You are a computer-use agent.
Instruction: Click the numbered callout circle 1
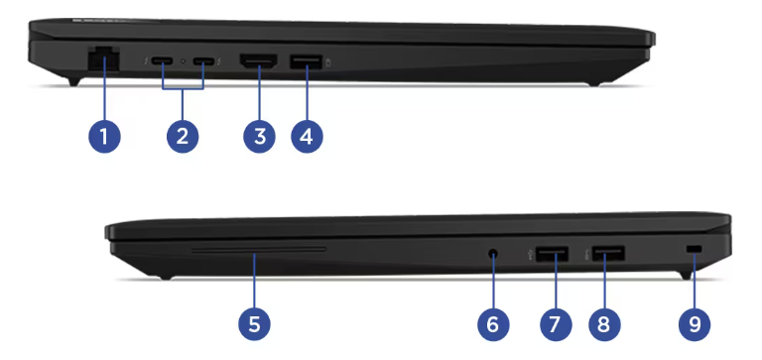tap(104, 137)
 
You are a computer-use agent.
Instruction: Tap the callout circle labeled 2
tap(183, 137)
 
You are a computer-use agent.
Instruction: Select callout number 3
tap(260, 137)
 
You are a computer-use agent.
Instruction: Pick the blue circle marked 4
tap(307, 137)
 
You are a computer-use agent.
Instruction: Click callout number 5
tap(254, 324)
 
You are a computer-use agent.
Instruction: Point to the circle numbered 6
tap(493, 324)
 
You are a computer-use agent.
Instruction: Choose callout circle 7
tap(555, 324)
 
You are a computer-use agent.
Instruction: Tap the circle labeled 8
tap(604, 324)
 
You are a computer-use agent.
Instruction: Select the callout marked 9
tap(695, 324)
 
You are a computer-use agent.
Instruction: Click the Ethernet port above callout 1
tap(104, 60)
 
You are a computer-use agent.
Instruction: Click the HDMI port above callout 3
tap(259, 61)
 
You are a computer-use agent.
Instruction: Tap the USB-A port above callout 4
tap(307, 61)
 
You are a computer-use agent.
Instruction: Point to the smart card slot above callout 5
tap(259, 250)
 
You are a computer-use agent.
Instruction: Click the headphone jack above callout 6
tap(493, 253)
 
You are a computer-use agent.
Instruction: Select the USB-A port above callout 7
tap(553, 254)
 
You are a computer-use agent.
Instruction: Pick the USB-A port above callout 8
tap(608, 254)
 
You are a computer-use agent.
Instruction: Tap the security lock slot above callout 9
tap(695, 249)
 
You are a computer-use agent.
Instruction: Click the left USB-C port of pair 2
tap(162, 61)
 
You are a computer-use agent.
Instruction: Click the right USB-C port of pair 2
tap(203, 61)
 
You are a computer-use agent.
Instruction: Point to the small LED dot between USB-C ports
tap(183, 61)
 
